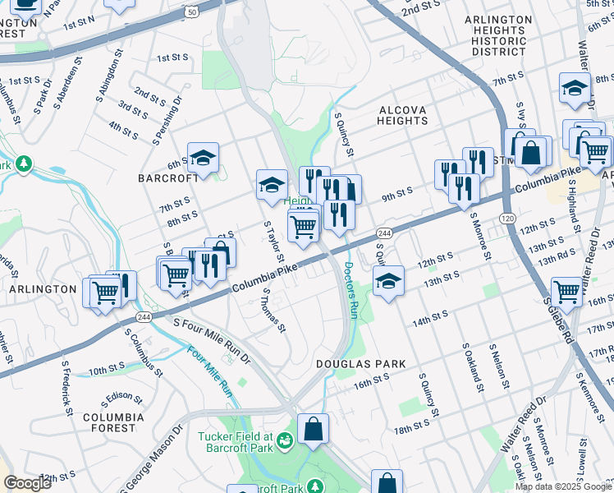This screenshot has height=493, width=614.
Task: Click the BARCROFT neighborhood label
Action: click(x=167, y=177)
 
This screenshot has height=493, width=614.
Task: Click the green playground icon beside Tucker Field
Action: click(x=285, y=442)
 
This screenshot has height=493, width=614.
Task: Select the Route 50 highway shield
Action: click(x=192, y=12)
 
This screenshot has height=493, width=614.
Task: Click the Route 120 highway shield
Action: click(x=507, y=218)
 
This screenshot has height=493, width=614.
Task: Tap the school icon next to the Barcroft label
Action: click(x=203, y=157)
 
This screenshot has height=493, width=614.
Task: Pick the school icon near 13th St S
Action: click(x=388, y=281)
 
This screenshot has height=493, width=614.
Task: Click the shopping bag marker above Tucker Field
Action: click(x=313, y=428)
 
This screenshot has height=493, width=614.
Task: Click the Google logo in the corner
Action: click(x=29, y=483)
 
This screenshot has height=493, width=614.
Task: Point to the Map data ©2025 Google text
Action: click(x=563, y=486)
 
